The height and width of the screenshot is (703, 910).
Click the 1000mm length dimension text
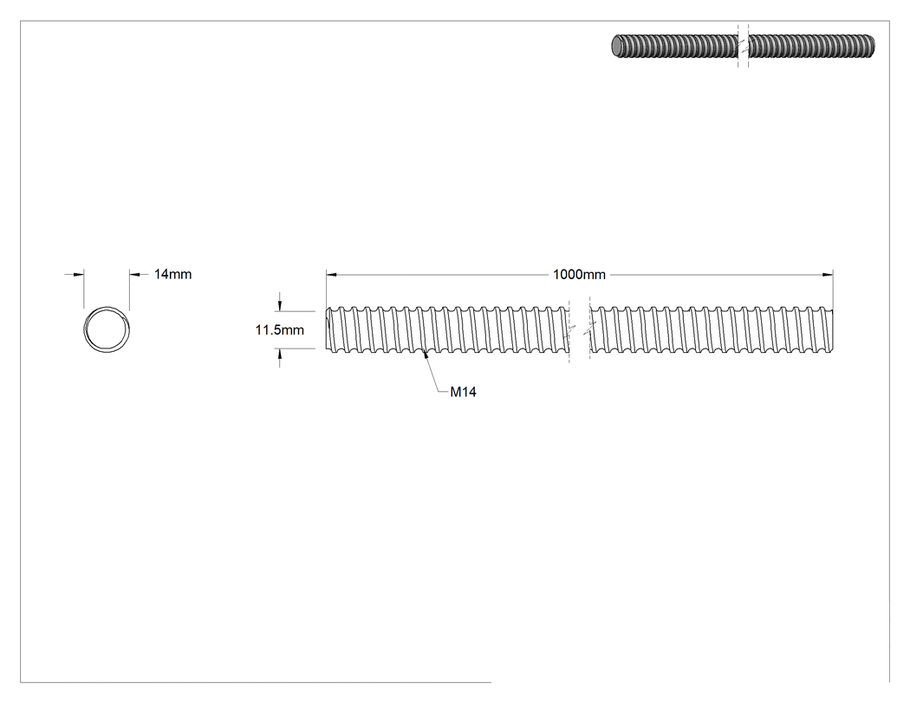579,275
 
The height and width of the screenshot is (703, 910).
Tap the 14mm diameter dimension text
172,274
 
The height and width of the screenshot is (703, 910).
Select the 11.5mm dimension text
280,329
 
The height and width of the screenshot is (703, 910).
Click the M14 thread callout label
463,392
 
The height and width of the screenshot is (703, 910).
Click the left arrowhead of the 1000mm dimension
331,275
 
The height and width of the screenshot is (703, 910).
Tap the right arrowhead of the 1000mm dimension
828,275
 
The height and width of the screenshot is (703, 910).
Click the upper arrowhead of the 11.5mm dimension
280,305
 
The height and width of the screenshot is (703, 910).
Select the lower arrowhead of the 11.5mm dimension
280,355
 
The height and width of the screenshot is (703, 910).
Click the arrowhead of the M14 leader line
426,355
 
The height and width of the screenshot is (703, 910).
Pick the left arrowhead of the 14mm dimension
78,274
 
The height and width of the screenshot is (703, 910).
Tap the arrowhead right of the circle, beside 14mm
134,274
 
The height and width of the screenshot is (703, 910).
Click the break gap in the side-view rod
579,329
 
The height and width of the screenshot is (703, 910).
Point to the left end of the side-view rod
327,329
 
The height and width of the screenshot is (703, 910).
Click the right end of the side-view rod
832,329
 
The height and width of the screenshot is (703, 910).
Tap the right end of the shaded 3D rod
872,47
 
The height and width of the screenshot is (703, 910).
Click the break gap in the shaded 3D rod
744,47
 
